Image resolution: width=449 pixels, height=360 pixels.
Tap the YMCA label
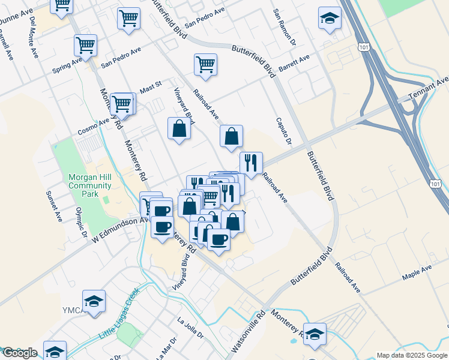pyautogui.click(x=71, y=310)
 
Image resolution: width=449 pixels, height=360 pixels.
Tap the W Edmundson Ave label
pyautogui.click(x=119, y=230)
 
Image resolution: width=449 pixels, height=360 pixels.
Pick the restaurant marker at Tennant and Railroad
pyautogui.click(x=251, y=163)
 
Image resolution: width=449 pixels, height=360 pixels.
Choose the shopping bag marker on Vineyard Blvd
pyautogui.click(x=179, y=128)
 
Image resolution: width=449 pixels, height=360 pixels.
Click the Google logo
pyautogui.click(x=20, y=353)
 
